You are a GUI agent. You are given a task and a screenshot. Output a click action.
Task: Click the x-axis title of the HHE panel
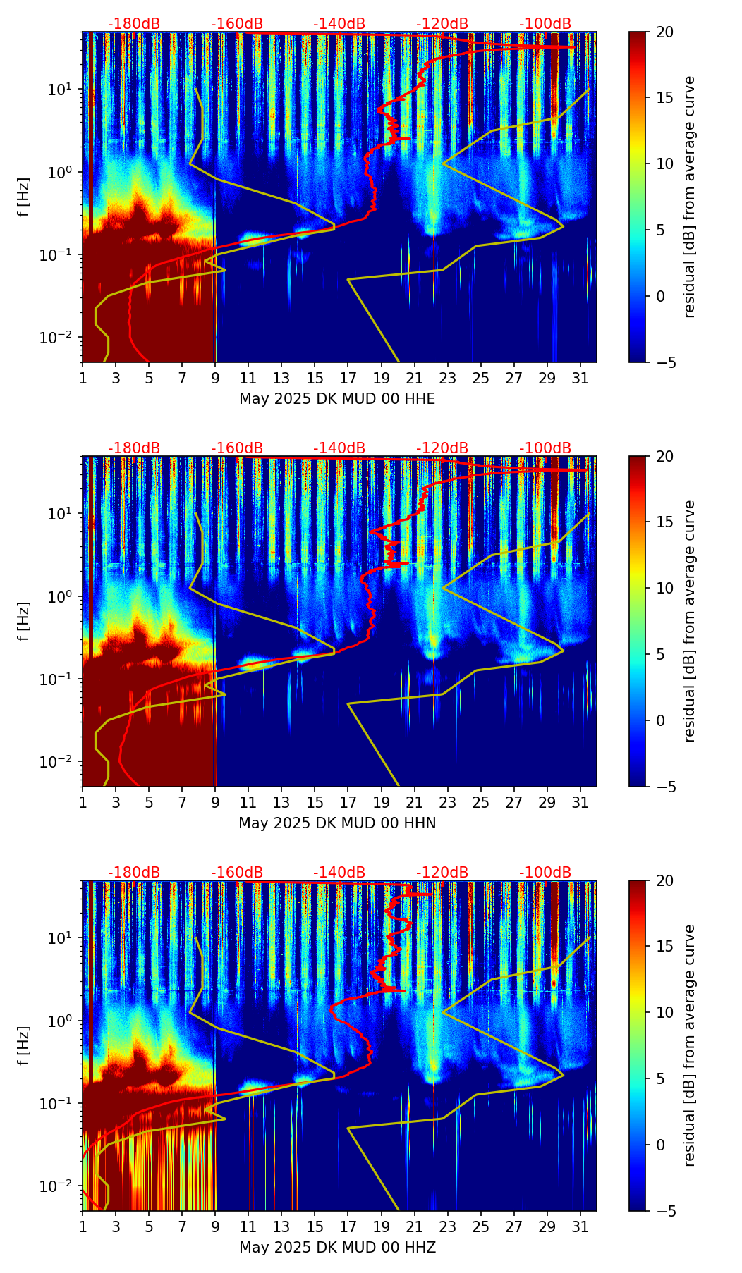(x=337, y=399)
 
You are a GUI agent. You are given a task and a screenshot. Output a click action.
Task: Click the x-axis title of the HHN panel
(x=337, y=823)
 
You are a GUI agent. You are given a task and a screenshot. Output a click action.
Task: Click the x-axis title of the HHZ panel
(x=337, y=1248)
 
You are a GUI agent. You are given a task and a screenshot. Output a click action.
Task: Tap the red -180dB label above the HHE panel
(x=134, y=24)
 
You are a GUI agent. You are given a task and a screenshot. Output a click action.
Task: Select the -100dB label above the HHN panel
(x=545, y=448)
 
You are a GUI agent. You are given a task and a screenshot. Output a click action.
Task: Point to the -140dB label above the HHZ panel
(x=339, y=873)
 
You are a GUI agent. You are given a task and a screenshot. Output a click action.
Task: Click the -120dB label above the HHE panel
(x=442, y=24)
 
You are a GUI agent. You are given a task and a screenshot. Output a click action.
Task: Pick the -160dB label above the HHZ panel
(x=237, y=873)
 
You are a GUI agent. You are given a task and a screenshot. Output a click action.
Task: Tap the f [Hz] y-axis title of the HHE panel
(x=24, y=197)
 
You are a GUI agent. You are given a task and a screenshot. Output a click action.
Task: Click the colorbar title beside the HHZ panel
(x=690, y=1045)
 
